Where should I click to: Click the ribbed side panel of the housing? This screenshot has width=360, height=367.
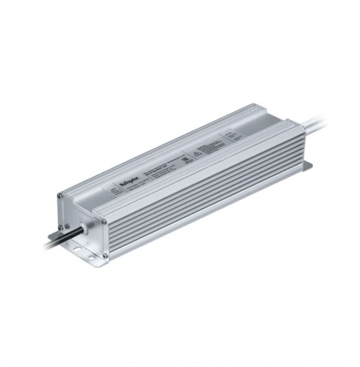(x=204, y=196)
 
